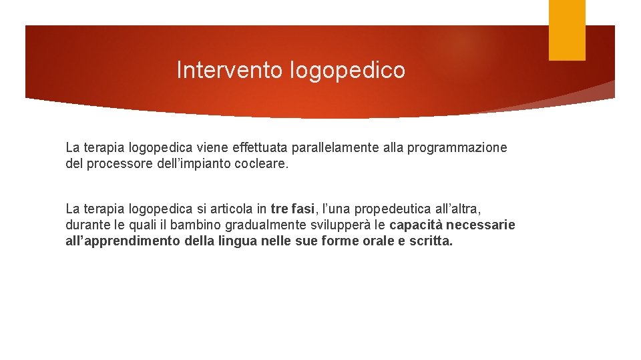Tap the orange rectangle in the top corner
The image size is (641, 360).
click(567, 30)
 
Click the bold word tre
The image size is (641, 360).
click(280, 209)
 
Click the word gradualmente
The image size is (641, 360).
click(231, 225)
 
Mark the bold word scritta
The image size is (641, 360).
click(431, 241)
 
